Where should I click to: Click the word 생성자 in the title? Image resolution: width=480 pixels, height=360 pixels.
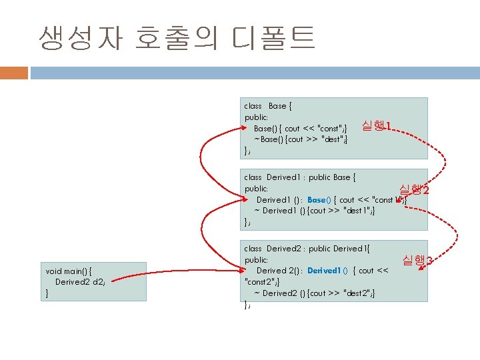[x=81, y=38]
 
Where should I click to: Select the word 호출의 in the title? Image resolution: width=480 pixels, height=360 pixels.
[x=175, y=38]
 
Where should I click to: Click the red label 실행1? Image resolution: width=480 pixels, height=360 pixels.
[x=376, y=125]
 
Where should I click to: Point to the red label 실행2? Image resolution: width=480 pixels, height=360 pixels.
[x=413, y=191]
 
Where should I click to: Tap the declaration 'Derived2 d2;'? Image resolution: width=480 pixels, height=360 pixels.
[x=80, y=281]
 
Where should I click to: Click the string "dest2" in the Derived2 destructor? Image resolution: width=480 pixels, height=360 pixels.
[x=357, y=293]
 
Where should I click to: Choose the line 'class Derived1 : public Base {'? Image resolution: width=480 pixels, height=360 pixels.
[x=300, y=177]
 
